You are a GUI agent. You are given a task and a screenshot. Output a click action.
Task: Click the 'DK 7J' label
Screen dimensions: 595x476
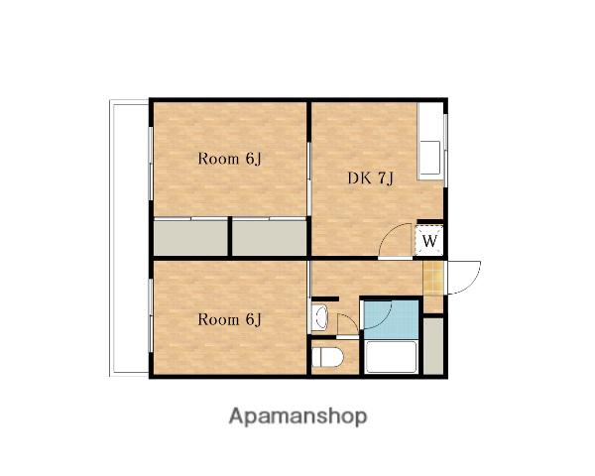(370, 178)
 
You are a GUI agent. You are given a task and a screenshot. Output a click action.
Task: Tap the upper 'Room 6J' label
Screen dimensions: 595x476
(230, 159)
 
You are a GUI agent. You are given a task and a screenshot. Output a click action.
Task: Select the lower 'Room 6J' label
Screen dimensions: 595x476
(230, 319)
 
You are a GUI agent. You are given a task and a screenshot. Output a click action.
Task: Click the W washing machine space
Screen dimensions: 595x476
(429, 240)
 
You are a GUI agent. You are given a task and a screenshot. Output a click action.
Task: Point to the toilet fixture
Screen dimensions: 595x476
(327, 357)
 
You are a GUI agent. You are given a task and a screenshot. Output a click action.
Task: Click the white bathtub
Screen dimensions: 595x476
(392, 357)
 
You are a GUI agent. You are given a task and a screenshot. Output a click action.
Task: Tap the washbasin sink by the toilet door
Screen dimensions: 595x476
(319, 316)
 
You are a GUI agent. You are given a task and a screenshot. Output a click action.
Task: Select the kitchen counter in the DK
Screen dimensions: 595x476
(430, 141)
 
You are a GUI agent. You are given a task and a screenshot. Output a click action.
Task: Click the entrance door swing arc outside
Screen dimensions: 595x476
(471, 282)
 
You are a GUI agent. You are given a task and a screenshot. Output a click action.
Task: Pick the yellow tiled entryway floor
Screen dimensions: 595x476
(433, 278)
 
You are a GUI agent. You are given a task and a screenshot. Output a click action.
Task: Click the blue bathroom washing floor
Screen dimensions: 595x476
(392, 319)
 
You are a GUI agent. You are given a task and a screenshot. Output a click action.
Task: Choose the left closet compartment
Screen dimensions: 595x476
(190, 238)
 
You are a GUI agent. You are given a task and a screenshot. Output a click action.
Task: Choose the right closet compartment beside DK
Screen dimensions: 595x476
(269, 238)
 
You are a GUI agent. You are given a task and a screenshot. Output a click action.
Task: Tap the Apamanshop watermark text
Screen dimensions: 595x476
(297, 416)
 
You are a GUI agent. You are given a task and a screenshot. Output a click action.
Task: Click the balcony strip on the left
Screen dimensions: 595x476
(129, 238)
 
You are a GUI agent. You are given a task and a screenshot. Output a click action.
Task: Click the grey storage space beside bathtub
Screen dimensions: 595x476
(433, 346)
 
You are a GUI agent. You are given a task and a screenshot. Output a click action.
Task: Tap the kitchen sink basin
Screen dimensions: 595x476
(430, 158)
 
